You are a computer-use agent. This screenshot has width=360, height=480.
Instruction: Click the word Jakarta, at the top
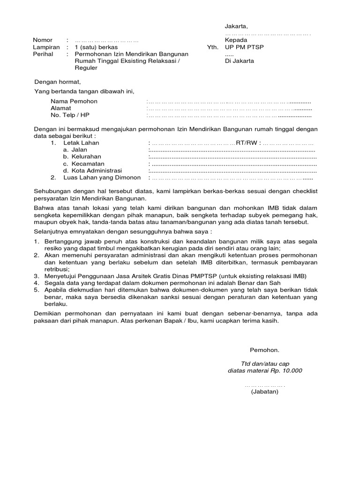coord(237,26)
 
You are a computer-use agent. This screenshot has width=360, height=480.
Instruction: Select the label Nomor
coord(43,40)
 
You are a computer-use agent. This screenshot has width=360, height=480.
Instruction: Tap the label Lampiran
coord(46,47)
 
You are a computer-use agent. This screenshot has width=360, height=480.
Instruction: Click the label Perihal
coord(43,54)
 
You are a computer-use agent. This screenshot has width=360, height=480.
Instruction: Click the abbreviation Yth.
coord(213,47)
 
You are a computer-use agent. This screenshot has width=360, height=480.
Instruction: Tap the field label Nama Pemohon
coord(74,102)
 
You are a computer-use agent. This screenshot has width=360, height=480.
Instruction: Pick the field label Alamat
coord(61,108)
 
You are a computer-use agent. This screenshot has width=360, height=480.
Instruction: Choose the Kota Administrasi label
coord(97,171)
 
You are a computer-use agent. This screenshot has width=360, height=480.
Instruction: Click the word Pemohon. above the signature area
coord(264,350)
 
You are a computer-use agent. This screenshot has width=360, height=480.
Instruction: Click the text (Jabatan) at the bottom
coord(264,391)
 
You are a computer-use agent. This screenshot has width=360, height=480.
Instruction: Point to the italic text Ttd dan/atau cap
coord(265,364)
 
